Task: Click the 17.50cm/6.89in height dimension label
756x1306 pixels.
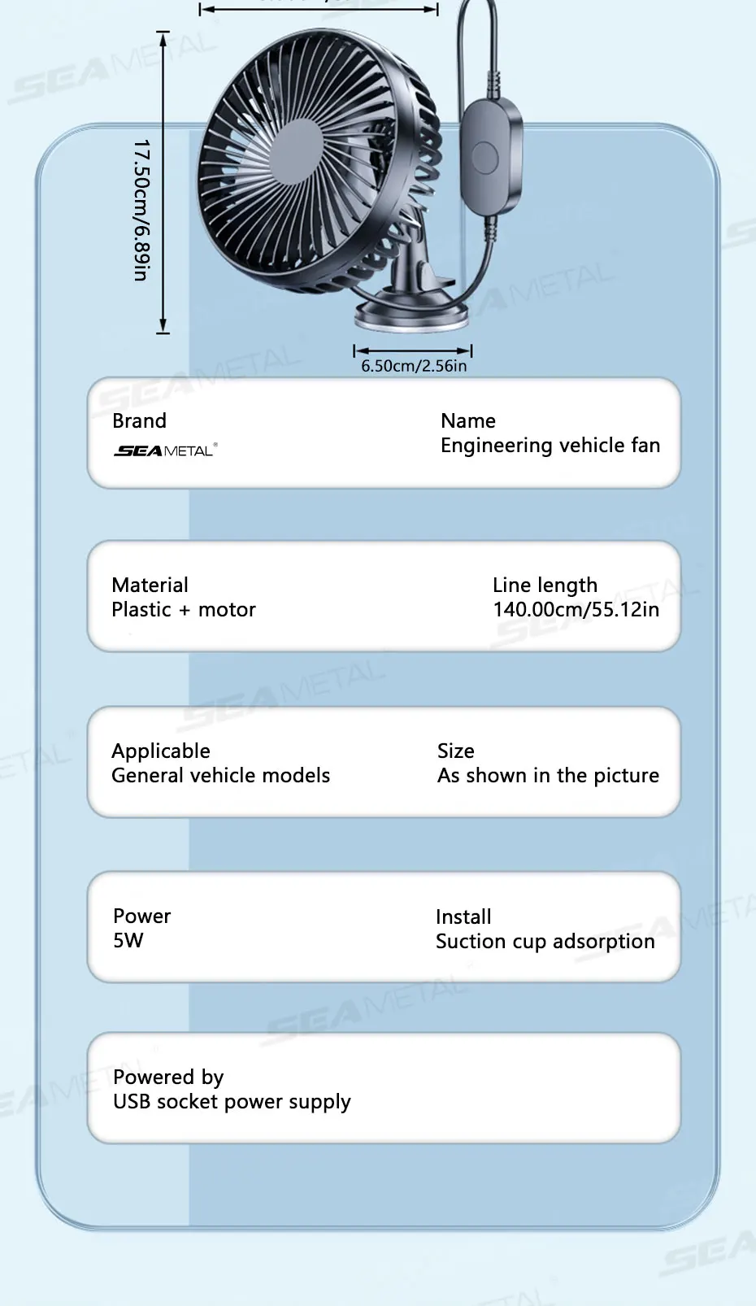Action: (141, 210)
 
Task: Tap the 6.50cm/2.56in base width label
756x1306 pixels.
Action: (414, 366)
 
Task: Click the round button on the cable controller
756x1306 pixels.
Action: (485, 157)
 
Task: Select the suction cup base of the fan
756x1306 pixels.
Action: (413, 314)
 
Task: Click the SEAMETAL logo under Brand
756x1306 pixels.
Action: (166, 450)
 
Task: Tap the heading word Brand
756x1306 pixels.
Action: (139, 421)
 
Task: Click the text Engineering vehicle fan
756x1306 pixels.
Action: (550, 446)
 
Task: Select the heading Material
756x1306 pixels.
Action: (150, 586)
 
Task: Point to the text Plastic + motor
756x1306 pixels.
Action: (184, 610)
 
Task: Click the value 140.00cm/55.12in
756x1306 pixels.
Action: (576, 610)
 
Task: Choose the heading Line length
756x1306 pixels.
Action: (545, 586)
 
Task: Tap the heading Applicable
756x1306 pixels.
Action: (161, 751)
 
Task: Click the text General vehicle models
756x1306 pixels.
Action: (221, 776)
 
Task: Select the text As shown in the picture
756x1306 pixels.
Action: (548, 776)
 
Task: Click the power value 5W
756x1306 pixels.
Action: (128, 941)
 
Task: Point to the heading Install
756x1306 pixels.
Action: (463, 917)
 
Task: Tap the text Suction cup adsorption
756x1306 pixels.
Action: (545, 942)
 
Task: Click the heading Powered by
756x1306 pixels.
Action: (168, 1077)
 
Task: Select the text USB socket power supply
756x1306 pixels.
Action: (232, 1102)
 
